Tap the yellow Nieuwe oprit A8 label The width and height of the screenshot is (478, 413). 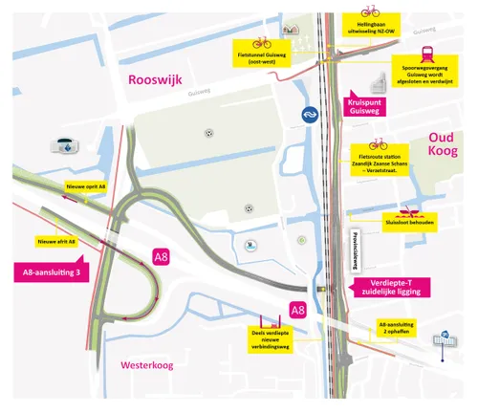coord(86,186)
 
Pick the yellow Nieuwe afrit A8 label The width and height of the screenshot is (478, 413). coord(56,241)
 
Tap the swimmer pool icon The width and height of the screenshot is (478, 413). coord(249,245)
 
